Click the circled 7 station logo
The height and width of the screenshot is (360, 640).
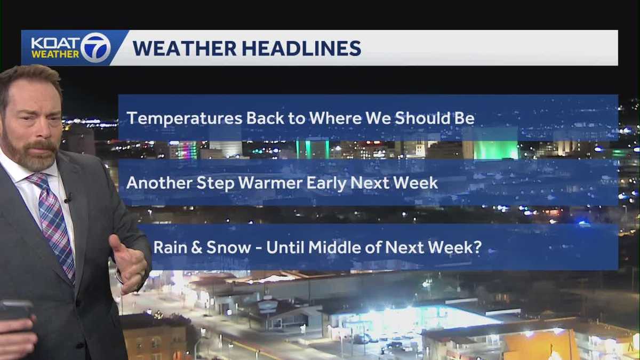pyautogui.click(x=96, y=47)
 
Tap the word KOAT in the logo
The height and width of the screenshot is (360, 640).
pyautogui.click(x=55, y=43)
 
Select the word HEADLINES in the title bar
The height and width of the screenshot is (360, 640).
pyautogui.click(x=302, y=48)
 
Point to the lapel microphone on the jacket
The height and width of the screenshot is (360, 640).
pyautogui.click(x=68, y=199)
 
